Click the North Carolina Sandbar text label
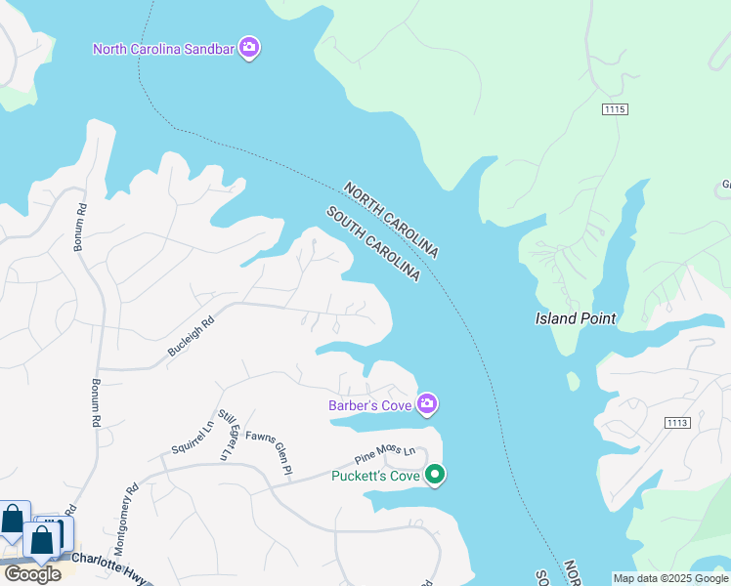click(x=164, y=48)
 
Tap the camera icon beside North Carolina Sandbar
click(x=249, y=47)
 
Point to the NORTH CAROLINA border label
click(x=390, y=220)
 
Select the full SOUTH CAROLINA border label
click(x=372, y=244)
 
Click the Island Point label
click(x=576, y=318)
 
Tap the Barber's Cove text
click(x=370, y=404)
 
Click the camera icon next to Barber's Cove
click(x=427, y=403)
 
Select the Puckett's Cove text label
click(x=375, y=476)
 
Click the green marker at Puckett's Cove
click(x=436, y=476)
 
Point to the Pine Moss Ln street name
click(x=385, y=453)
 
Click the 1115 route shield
click(x=615, y=108)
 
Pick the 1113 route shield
click(x=676, y=422)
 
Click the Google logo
click(x=32, y=573)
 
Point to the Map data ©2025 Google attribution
click(x=670, y=578)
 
